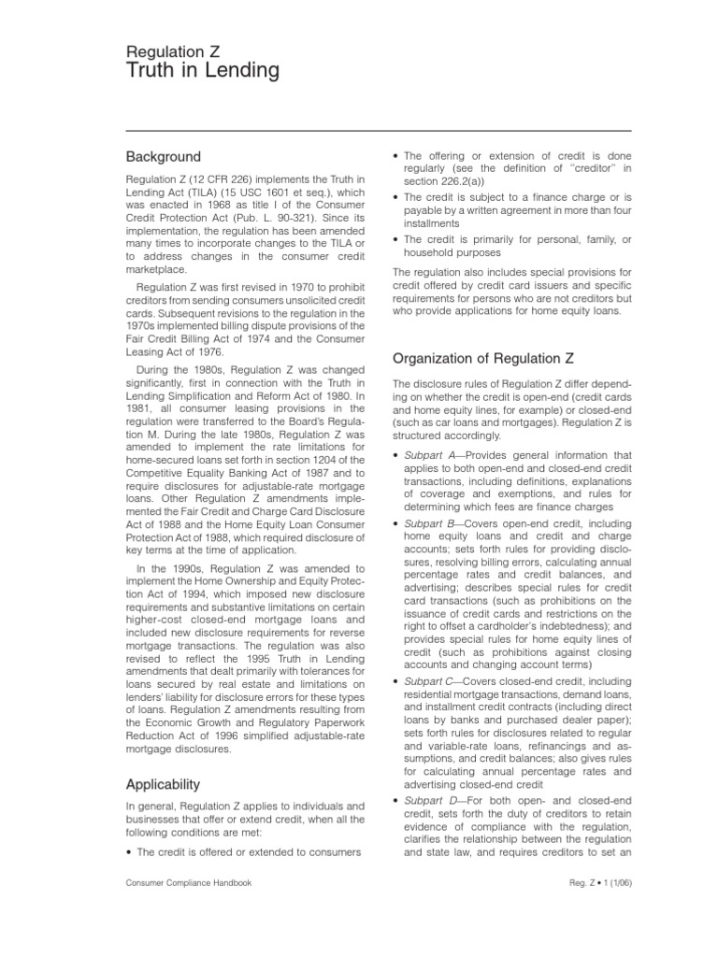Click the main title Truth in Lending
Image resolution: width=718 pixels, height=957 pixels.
202,70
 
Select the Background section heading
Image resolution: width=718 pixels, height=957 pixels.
163,156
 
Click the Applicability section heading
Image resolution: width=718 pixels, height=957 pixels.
163,784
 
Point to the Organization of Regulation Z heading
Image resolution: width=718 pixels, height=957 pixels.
483,358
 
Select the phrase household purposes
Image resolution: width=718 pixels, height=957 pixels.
452,252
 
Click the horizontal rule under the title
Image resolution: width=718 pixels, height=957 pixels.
378,130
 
